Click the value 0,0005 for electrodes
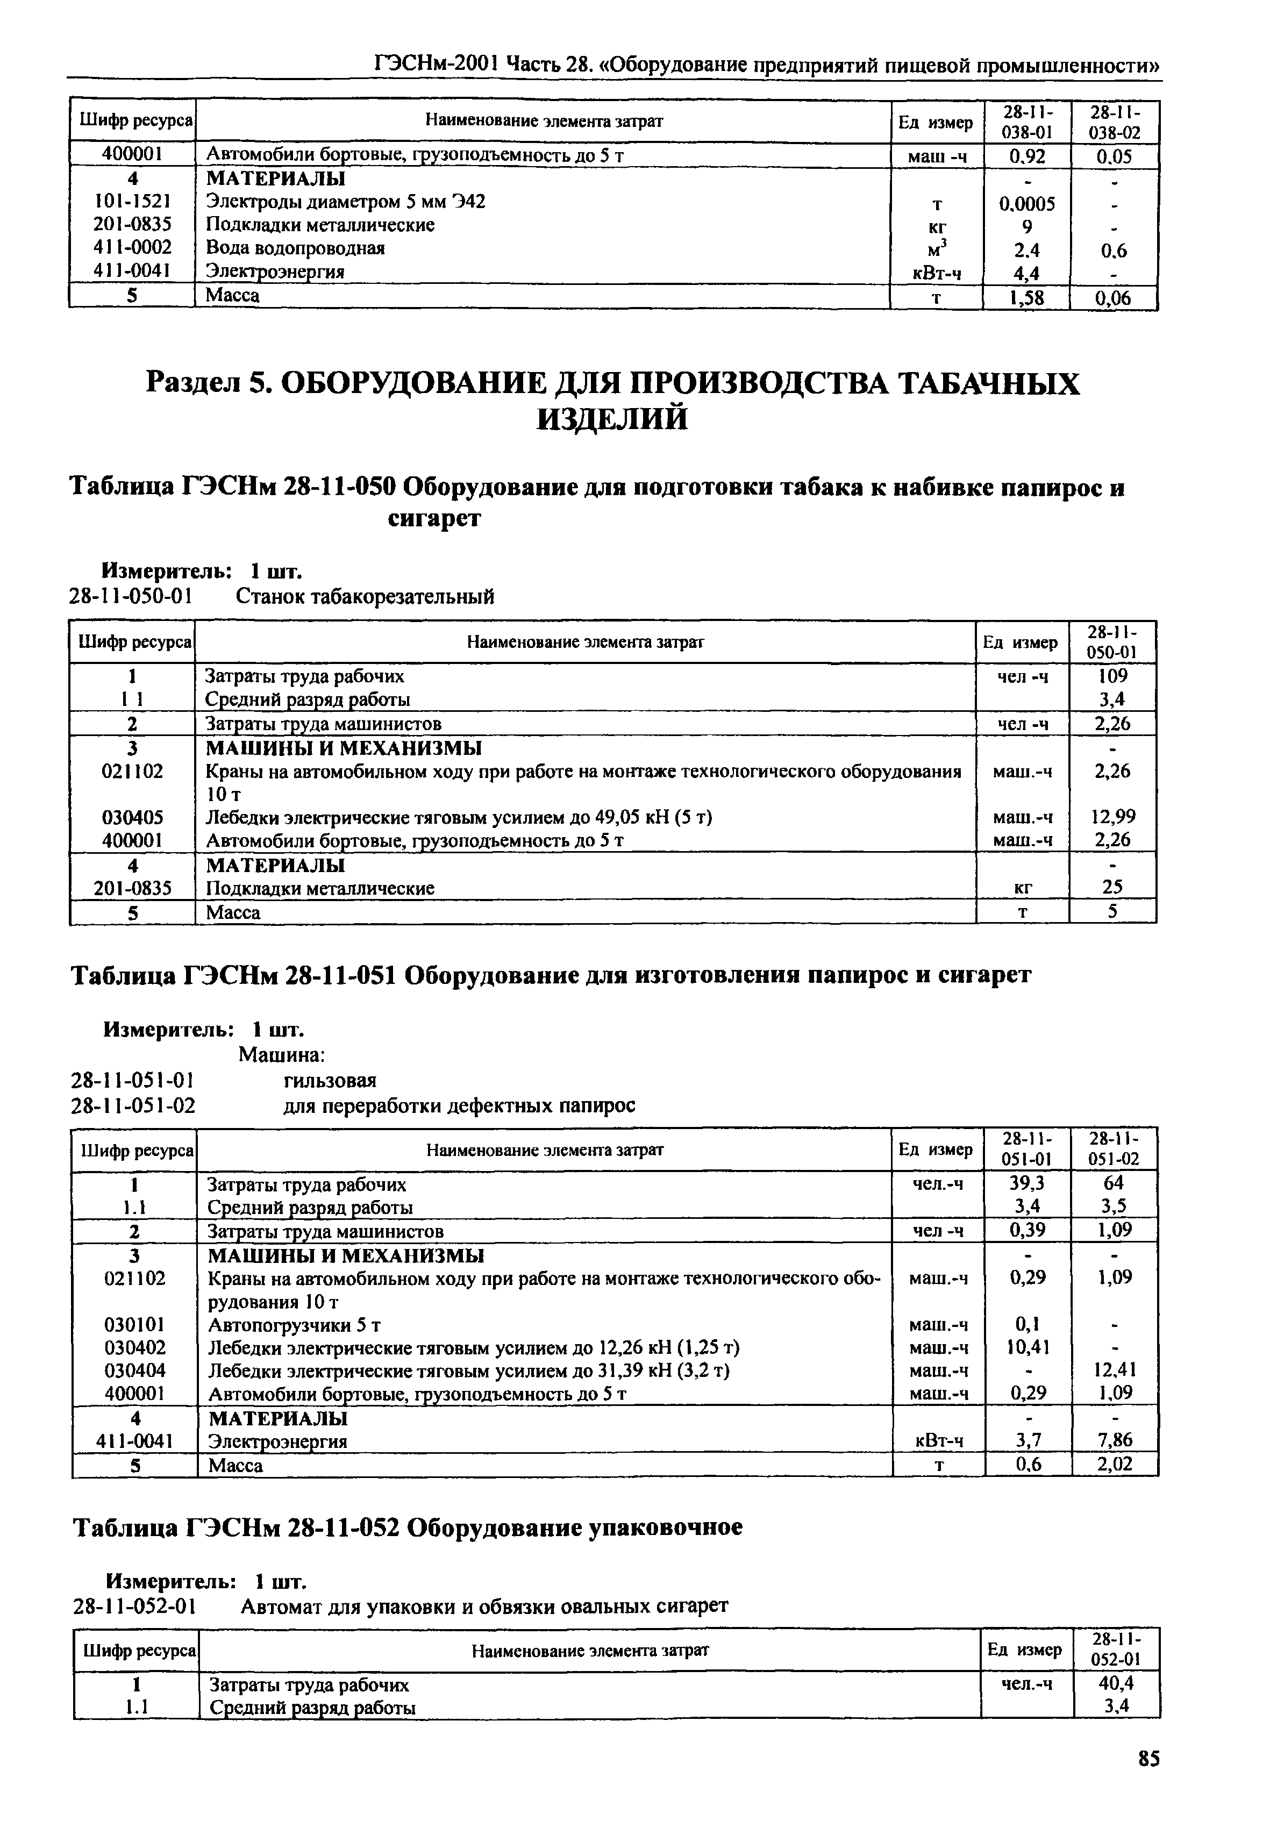(1026, 204)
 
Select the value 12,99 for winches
(1112, 816)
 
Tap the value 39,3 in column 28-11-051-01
(1028, 1183)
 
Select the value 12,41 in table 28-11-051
(1114, 1369)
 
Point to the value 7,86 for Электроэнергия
(1114, 1440)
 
